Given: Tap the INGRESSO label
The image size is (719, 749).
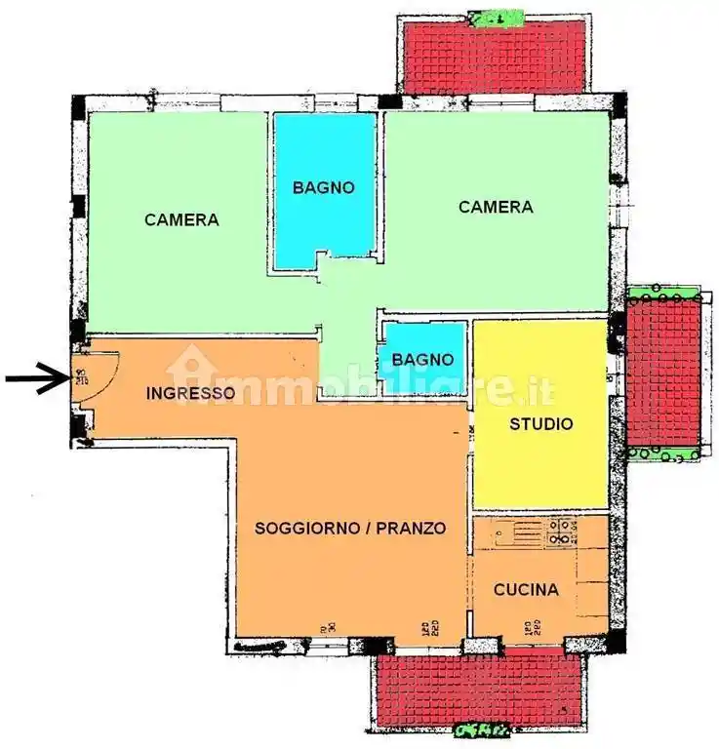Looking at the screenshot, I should point(190,394).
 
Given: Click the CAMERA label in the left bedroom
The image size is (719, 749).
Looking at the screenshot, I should point(181,219).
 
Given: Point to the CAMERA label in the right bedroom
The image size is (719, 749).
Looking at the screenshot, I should point(496,207).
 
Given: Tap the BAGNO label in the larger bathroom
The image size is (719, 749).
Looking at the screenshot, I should point(324,187).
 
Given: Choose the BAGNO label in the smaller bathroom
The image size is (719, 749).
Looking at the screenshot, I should point(422,360).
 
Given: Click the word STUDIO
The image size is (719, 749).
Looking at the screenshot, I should point(541,424).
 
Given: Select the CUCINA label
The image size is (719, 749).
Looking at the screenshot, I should point(526,590).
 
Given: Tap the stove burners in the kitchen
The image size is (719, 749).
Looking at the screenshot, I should point(563,532).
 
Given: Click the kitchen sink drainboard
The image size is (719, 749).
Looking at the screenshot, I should point(517,532).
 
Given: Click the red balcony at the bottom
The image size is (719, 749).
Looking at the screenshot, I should point(479,688).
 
